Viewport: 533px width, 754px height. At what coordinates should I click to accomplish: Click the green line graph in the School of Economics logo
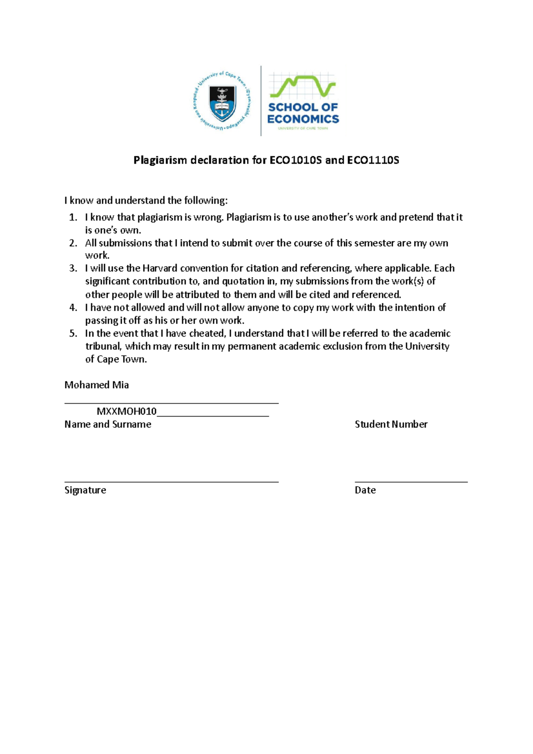click(303, 87)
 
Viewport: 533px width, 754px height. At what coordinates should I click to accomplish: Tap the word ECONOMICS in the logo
click(303, 119)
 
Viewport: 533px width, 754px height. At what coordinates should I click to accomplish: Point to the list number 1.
click(73, 218)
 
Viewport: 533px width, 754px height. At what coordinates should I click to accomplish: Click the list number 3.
click(73, 268)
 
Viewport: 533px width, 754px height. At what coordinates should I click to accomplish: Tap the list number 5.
click(73, 333)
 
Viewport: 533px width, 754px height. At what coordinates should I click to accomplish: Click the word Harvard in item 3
click(159, 268)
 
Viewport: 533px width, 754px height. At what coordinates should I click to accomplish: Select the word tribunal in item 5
click(103, 346)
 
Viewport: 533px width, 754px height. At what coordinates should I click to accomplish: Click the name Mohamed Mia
click(96, 385)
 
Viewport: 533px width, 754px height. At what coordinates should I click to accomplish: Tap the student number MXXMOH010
click(127, 411)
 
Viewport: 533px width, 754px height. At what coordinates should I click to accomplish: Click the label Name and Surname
click(107, 425)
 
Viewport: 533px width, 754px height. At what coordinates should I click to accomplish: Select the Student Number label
click(391, 425)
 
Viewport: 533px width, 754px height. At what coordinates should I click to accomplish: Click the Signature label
click(85, 490)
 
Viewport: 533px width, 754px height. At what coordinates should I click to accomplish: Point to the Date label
click(365, 490)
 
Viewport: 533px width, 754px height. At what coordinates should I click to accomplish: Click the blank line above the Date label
click(411, 481)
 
